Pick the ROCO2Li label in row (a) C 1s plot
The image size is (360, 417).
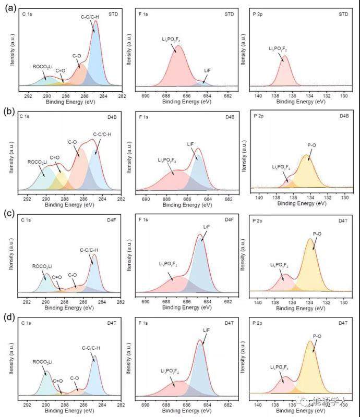tap(42, 66)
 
